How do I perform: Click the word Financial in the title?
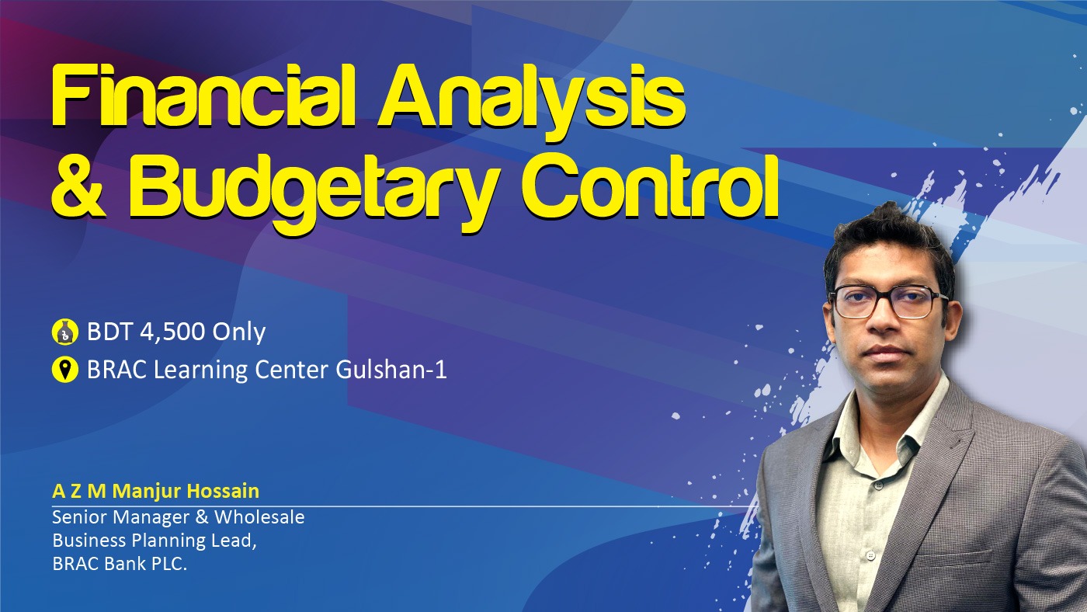203,95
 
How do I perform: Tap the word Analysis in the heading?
532,103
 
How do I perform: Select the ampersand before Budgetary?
78,187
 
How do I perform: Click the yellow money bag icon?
64,332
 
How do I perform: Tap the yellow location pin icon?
64,370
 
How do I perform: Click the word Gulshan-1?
391,370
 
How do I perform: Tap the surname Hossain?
224,491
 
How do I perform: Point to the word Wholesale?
259,517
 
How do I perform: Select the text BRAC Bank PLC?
120,564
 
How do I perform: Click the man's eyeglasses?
888,302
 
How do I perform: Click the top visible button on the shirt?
877,485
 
